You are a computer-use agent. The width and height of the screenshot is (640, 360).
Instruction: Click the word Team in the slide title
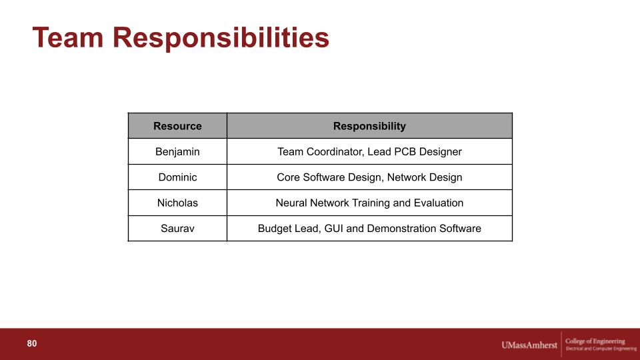(x=68, y=37)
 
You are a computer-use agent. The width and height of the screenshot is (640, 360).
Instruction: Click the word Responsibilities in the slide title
(x=221, y=37)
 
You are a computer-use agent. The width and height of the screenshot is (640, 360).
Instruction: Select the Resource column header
(x=177, y=126)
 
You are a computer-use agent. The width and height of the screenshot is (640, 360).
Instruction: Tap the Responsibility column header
(x=369, y=126)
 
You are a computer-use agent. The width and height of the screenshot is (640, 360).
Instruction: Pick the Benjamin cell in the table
(x=177, y=152)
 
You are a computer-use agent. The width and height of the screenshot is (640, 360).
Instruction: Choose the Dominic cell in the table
(x=177, y=177)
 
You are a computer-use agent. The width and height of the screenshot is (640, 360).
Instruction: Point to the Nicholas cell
(x=177, y=203)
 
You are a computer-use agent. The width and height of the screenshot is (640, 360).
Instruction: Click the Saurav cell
(x=177, y=229)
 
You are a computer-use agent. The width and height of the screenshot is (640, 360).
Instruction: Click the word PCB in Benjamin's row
(x=405, y=152)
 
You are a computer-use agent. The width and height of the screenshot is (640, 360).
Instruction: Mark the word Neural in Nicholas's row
(x=291, y=203)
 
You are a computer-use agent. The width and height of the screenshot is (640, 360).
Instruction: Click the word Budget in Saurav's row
(x=273, y=229)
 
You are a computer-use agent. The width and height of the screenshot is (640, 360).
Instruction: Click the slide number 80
(x=32, y=344)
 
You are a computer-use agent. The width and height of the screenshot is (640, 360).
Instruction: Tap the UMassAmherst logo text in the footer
(x=529, y=345)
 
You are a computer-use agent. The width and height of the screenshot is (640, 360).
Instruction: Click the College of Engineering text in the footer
(x=595, y=341)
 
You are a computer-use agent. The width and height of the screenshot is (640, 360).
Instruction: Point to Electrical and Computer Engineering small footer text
(x=601, y=349)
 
